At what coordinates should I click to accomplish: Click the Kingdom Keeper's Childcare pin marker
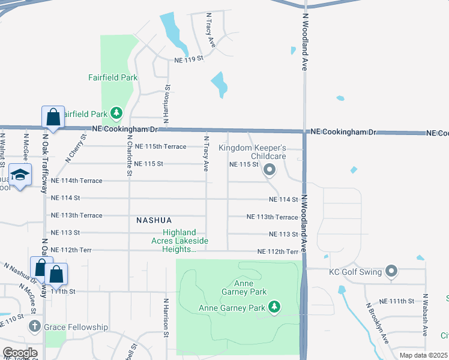tap(270, 170)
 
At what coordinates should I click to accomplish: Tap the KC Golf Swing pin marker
tap(391, 272)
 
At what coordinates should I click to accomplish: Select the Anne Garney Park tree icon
tap(274, 308)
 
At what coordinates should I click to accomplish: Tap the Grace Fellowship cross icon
tap(35, 327)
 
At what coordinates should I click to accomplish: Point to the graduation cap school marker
tap(20, 175)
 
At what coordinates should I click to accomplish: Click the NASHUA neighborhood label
tap(155, 220)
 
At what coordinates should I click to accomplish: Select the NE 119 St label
tap(189, 60)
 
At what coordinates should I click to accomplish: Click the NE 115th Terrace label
tap(160, 146)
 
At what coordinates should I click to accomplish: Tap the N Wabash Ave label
tap(425, 314)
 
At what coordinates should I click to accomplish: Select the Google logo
tap(19, 352)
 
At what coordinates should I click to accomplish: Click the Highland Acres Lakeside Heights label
tap(179, 241)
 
